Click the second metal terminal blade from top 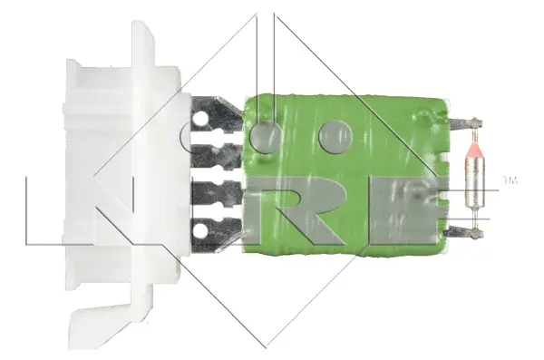click(218, 154)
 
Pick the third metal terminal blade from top click(218, 193)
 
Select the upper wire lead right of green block click(462, 122)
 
